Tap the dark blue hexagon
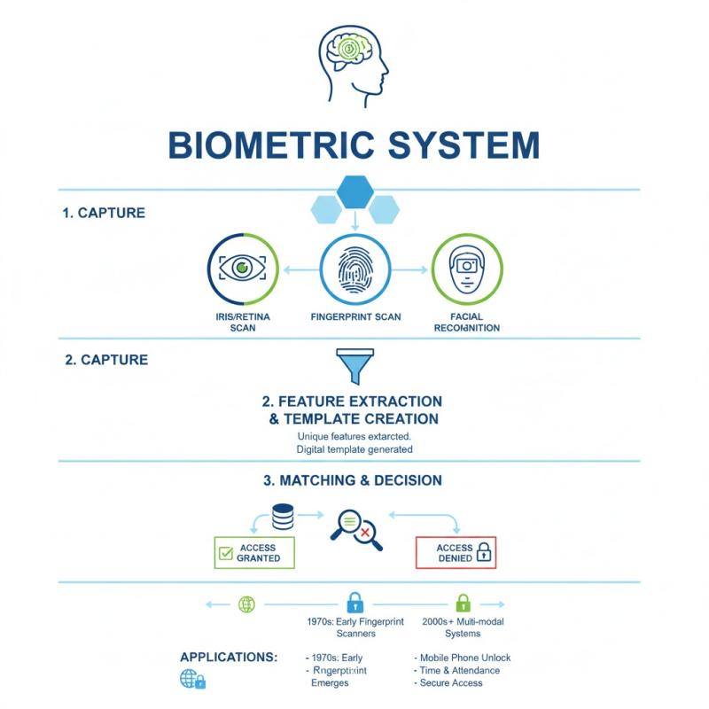coord(355,190)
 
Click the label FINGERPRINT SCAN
coord(354,316)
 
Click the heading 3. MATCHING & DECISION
coord(354,480)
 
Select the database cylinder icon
coord(284,516)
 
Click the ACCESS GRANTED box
coord(254,553)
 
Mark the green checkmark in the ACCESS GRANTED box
coord(224,555)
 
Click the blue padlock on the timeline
coord(354,604)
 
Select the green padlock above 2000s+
coord(462,604)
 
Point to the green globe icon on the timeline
coord(246,604)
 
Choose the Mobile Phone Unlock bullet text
coord(464,658)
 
